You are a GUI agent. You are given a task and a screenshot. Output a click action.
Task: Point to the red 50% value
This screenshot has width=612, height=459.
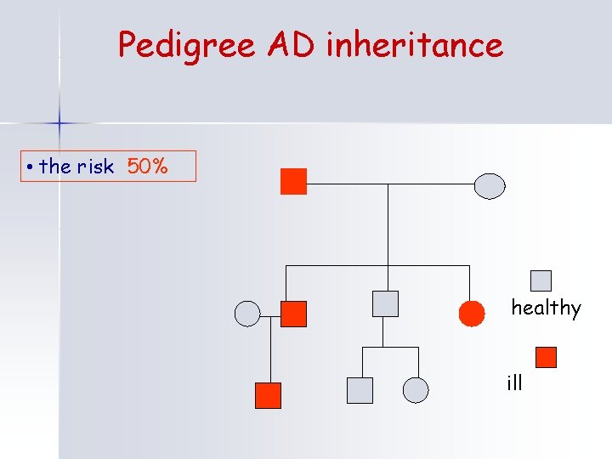click(148, 167)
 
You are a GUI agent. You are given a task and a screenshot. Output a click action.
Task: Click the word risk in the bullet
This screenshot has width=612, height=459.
click(94, 167)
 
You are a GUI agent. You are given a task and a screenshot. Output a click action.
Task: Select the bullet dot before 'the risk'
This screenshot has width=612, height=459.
click(29, 167)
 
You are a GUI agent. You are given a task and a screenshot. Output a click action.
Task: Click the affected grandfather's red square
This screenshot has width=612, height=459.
click(293, 182)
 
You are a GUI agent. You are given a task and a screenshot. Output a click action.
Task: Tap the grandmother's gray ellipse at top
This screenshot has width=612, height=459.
click(490, 185)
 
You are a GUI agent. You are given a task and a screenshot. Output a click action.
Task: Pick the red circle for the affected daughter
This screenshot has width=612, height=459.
click(472, 314)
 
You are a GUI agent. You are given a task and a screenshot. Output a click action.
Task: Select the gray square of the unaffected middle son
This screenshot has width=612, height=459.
click(386, 303)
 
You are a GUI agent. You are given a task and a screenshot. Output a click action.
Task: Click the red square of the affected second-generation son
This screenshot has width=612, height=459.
click(293, 314)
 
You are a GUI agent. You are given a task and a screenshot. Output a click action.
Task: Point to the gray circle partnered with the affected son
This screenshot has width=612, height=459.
click(246, 314)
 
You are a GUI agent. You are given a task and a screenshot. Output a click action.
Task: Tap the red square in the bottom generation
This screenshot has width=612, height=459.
click(268, 395)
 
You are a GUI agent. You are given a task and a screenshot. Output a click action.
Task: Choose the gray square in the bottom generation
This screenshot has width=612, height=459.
click(360, 389)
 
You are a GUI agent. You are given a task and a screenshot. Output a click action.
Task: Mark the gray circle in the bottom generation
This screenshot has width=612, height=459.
click(416, 389)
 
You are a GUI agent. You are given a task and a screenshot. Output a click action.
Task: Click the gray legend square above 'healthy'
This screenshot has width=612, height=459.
click(541, 280)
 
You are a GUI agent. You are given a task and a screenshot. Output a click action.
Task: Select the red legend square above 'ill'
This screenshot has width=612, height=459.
click(546, 357)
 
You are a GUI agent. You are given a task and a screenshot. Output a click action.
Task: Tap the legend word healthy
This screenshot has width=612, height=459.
click(546, 308)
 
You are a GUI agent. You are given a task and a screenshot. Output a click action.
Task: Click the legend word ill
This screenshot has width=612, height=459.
click(514, 382)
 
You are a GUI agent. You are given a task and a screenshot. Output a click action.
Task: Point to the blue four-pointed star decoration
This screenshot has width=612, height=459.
click(59, 123)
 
